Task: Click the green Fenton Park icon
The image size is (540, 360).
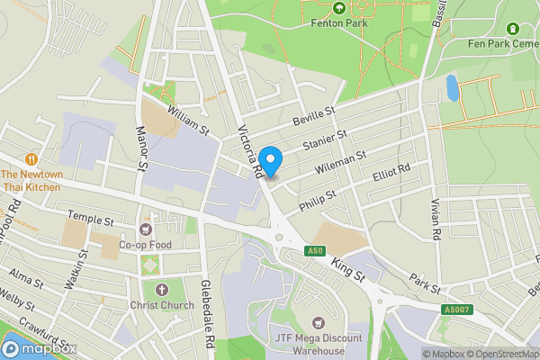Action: tap(339, 8)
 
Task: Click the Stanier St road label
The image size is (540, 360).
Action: tap(325, 141)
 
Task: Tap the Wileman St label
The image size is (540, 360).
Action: tap(339, 162)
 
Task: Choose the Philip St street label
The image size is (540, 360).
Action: tap(318, 198)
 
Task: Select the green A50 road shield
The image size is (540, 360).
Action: tap(313, 251)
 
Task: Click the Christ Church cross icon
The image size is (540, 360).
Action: tap(162, 289)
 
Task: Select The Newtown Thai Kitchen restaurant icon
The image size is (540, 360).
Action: tap(32, 157)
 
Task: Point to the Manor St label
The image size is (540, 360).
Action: tap(140, 148)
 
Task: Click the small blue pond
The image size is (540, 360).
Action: tap(451, 88)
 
